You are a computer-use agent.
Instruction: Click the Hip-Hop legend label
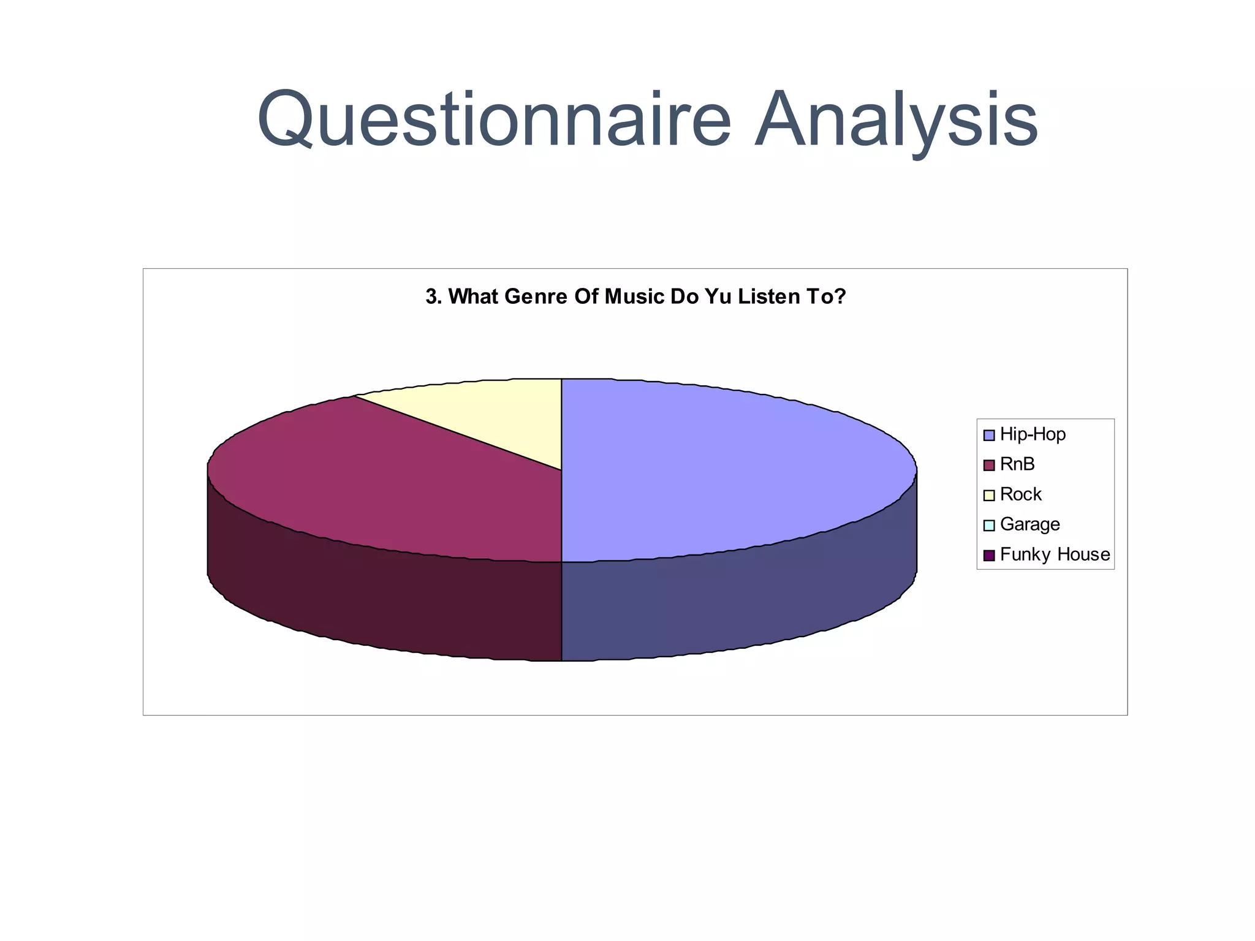tap(1033, 434)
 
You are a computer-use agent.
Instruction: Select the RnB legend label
tap(1017, 464)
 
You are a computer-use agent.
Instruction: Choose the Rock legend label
tap(1020, 494)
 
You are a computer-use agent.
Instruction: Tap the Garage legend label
tap(1029, 524)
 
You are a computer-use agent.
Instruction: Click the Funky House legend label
tap(1055, 554)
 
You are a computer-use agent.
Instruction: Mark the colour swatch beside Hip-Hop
tap(988, 435)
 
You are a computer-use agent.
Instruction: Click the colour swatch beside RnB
tap(988, 465)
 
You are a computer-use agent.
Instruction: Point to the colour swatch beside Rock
tap(988, 495)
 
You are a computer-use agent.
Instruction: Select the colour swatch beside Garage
tap(988, 525)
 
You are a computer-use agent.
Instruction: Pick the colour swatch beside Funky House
tap(988, 555)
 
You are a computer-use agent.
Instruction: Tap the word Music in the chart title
tap(634, 297)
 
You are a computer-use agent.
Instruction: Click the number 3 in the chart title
tap(432, 297)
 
